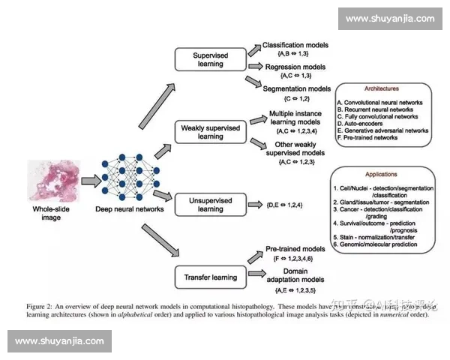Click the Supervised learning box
(210, 59)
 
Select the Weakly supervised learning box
(210, 132)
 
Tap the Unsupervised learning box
(210, 204)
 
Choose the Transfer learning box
(210, 277)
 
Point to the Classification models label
(293, 46)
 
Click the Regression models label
(295, 67)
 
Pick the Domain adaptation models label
(292, 274)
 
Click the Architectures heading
(382, 88)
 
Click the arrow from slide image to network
(89, 181)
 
